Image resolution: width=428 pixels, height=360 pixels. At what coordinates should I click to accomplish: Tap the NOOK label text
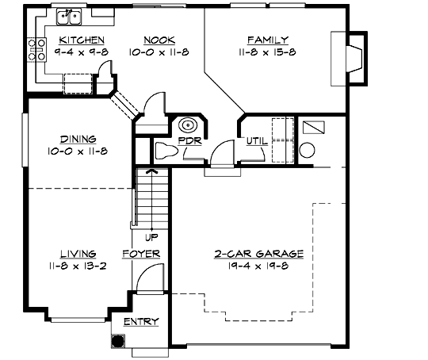pyautogui.click(x=160, y=40)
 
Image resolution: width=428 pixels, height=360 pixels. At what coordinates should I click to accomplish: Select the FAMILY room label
pyautogui.click(x=267, y=40)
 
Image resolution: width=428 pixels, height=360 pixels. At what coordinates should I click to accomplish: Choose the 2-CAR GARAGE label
pyautogui.click(x=258, y=254)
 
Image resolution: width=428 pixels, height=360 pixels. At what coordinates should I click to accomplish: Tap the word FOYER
pyautogui.click(x=142, y=254)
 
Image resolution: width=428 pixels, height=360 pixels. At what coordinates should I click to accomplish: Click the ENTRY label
pyautogui.click(x=141, y=322)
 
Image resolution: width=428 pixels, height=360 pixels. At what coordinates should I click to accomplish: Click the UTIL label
pyautogui.click(x=256, y=141)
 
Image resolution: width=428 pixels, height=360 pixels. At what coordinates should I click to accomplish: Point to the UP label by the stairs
pyautogui.click(x=149, y=236)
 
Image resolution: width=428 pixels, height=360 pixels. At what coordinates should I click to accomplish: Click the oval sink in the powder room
pyautogui.click(x=189, y=124)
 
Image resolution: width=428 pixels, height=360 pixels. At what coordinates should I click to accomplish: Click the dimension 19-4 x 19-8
pyautogui.click(x=258, y=266)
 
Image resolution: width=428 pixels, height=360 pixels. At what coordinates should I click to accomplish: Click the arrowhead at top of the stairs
pyautogui.click(x=149, y=169)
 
